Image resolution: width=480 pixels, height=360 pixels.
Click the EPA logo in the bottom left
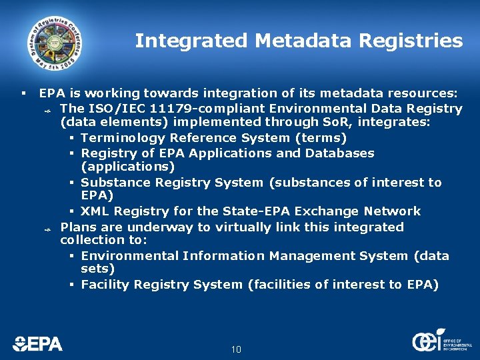(37, 343)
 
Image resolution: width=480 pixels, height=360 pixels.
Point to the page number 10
(236, 350)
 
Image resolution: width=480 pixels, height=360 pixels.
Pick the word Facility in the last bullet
(105, 285)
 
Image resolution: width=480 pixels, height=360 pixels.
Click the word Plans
(77, 227)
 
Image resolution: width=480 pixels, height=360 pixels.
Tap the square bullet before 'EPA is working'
(23, 94)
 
